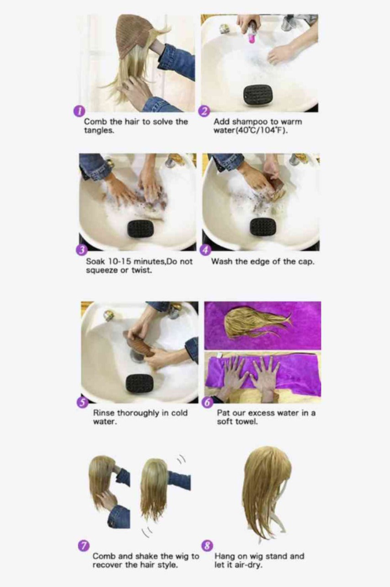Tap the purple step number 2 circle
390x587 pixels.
(204, 111)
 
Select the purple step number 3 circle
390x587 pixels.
(81, 250)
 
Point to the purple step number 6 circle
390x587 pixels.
(207, 403)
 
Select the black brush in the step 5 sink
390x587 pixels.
(139, 383)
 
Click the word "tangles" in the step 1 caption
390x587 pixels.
(99, 130)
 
